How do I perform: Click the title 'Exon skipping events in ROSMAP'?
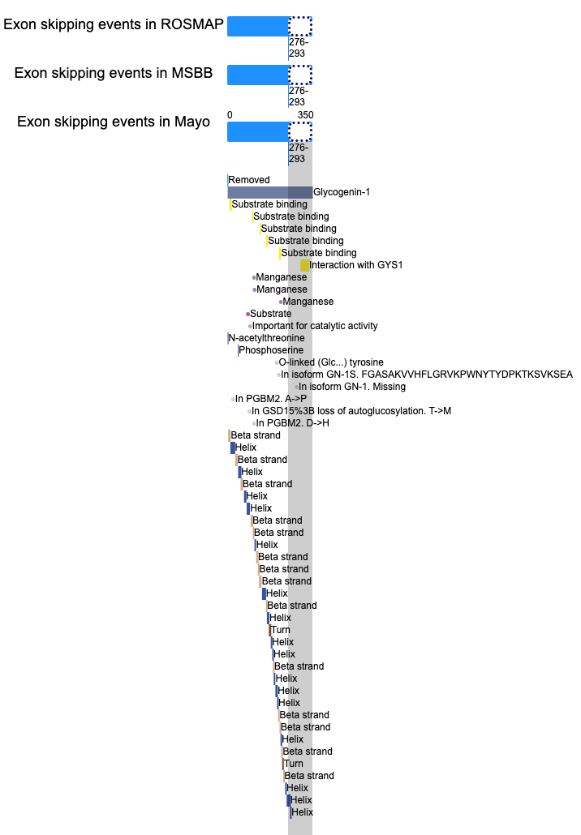point(114,24)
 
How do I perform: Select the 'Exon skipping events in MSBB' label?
point(114,73)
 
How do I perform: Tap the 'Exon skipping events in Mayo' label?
point(114,122)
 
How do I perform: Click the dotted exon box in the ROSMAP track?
point(300,26)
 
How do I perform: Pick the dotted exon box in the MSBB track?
point(300,75)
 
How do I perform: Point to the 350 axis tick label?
point(305,115)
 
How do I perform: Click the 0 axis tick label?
point(230,115)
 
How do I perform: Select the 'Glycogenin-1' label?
point(342,192)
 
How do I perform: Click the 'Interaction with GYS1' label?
point(356,265)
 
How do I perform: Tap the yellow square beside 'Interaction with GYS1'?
point(305,265)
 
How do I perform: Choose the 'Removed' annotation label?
point(249,180)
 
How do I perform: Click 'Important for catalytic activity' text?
point(315,326)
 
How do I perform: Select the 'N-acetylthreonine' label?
point(266,338)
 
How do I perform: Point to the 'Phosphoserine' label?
point(271,350)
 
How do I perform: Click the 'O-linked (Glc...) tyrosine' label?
point(331,362)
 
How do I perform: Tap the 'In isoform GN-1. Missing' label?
point(352,387)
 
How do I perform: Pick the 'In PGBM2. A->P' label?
point(271,399)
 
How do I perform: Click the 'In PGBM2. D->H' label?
point(293,423)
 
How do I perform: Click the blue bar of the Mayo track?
point(258,131)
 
